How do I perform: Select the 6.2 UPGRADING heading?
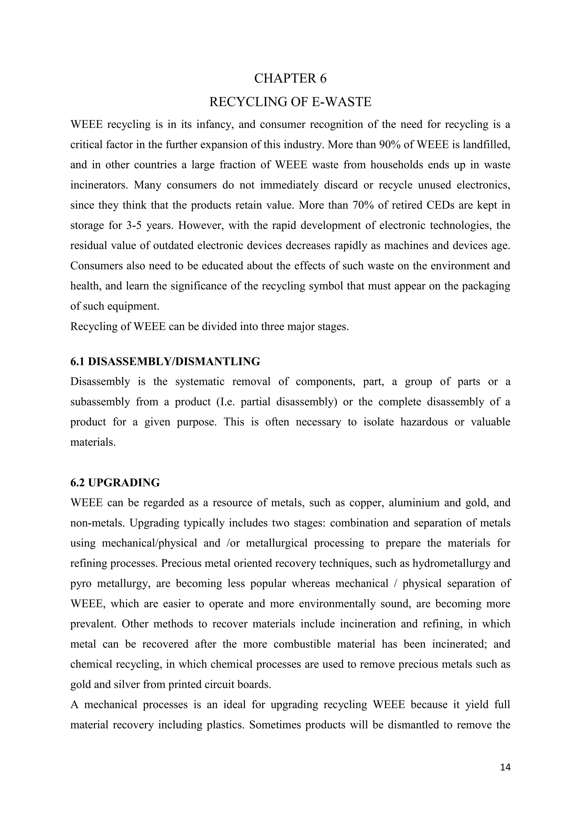[x=115, y=483]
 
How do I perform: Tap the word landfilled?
[x=486, y=145]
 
